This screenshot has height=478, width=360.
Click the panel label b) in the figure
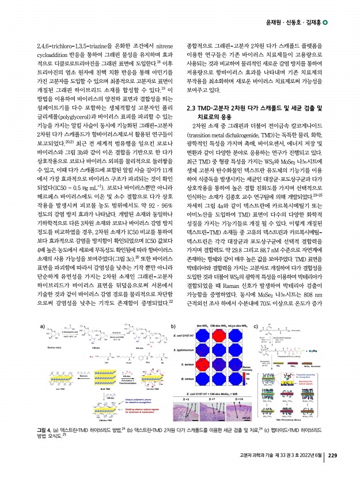click(x=173, y=327)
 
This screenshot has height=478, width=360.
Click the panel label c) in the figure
click(x=256, y=327)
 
